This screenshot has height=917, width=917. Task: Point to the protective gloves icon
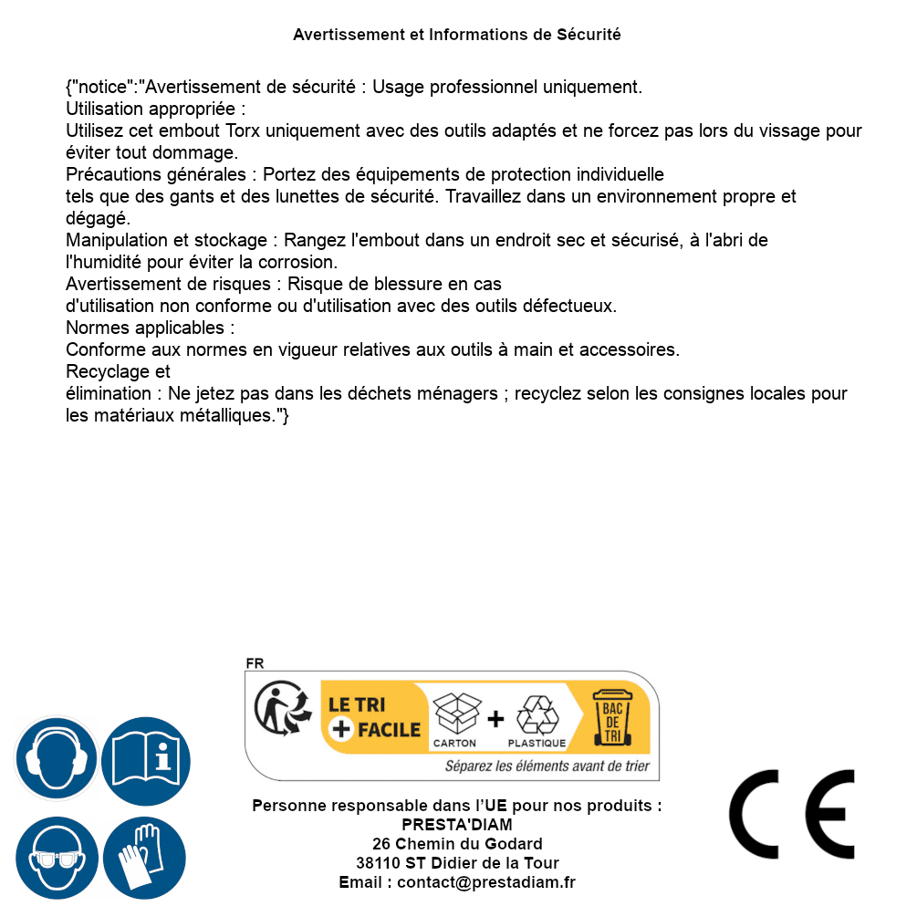click(145, 859)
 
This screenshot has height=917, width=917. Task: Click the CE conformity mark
click(792, 814)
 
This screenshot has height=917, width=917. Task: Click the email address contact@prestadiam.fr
click(486, 882)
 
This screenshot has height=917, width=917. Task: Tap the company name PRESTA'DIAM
click(457, 825)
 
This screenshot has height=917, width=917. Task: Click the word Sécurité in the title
click(589, 35)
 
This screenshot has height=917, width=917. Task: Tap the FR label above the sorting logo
click(255, 663)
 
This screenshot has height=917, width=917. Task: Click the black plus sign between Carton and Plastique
click(495, 718)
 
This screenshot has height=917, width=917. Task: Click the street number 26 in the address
click(381, 844)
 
